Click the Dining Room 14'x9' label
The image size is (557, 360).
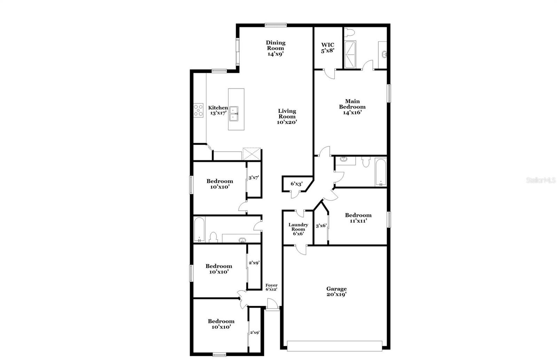(x=276, y=48)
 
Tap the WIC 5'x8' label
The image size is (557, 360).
(x=328, y=48)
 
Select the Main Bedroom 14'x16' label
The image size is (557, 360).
(x=352, y=107)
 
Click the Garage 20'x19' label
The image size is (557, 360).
(x=336, y=291)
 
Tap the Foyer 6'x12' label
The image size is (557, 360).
(x=272, y=287)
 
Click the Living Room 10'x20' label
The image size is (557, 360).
(x=287, y=117)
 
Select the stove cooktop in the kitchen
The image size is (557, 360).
(x=198, y=110)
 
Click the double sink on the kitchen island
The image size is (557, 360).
(x=236, y=113)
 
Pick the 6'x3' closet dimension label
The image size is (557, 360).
(x=297, y=184)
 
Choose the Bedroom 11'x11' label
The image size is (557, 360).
(x=358, y=218)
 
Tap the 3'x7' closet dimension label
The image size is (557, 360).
(x=254, y=178)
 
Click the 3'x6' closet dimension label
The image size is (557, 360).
(x=321, y=226)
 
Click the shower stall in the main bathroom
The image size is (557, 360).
(x=350, y=55)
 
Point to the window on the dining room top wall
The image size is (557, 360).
(x=275, y=25)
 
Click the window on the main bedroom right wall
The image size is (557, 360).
(x=389, y=93)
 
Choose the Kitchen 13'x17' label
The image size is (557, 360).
(x=218, y=111)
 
